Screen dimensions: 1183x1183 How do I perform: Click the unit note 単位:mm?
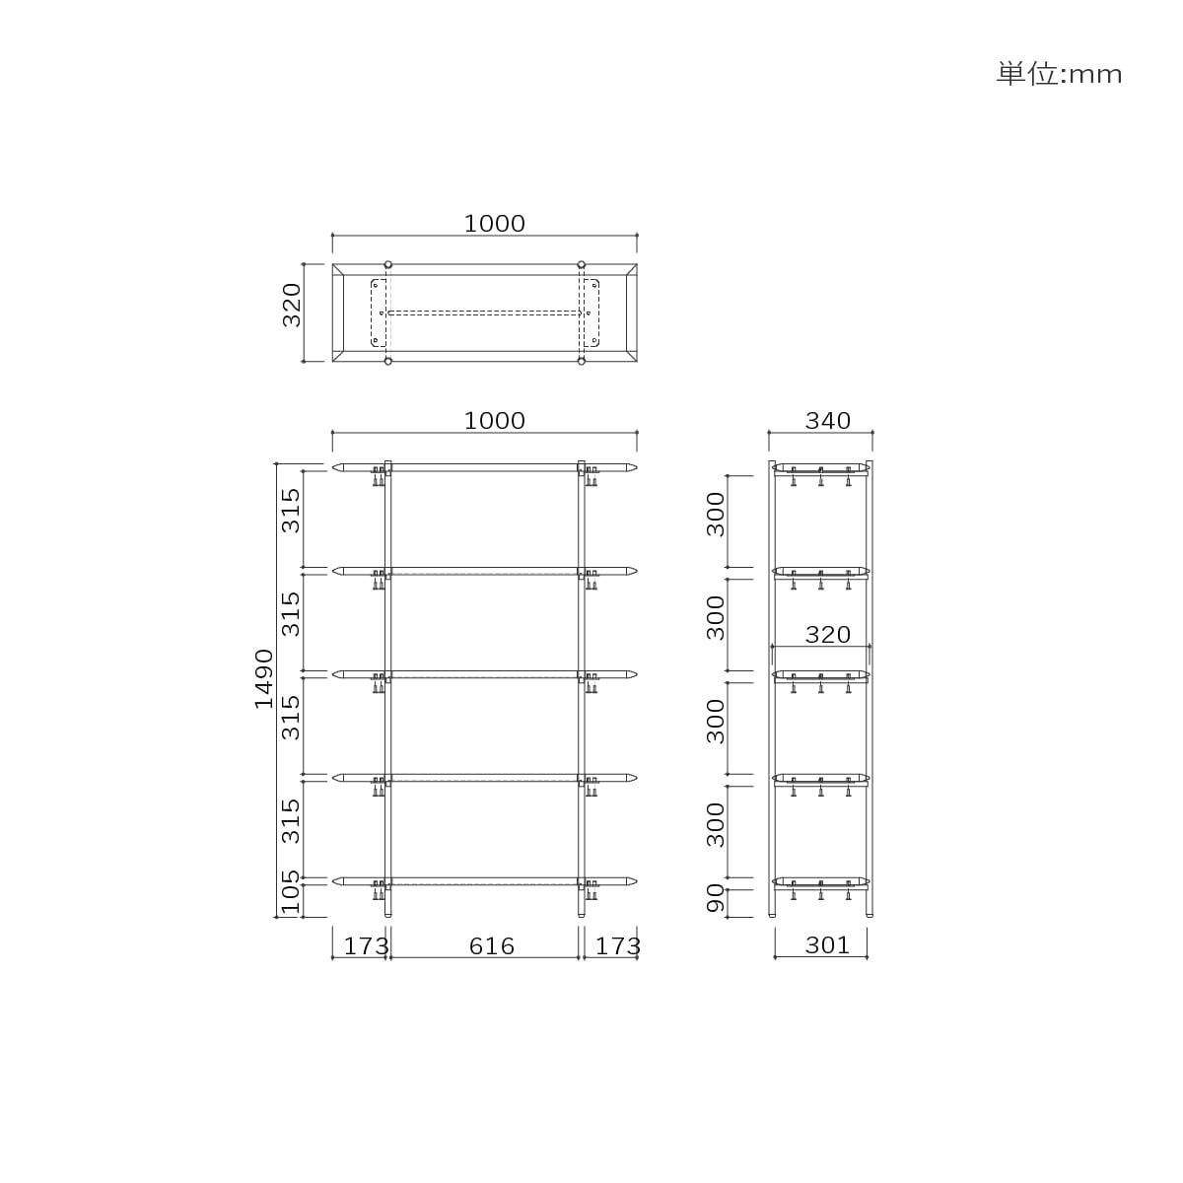click(1059, 74)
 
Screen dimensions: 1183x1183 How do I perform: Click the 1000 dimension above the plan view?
click(494, 224)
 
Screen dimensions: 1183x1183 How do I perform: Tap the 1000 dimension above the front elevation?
click(494, 421)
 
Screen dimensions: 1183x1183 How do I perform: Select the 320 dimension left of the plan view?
click(292, 305)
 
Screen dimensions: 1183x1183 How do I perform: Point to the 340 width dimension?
click(827, 421)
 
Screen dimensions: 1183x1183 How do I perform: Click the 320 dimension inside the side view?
click(827, 634)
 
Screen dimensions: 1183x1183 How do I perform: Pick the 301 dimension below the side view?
click(827, 945)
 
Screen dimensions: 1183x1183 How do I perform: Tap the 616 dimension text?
click(492, 946)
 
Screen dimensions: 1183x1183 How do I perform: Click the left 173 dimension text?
click(366, 946)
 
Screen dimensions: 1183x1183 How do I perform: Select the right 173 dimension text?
click(618, 946)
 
